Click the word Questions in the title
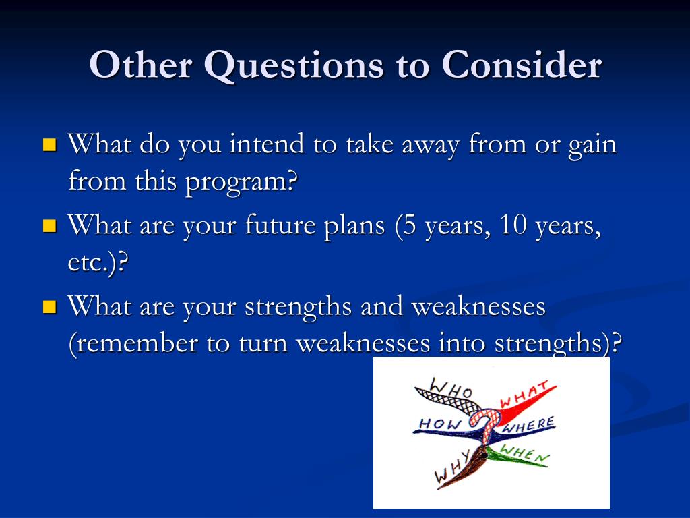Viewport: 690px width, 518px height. click(x=294, y=66)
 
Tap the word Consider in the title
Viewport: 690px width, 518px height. click(x=522, y=64)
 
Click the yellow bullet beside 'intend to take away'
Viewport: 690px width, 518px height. click(x=50, y=145)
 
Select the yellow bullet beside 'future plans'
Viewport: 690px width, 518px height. click(x=50, y=225)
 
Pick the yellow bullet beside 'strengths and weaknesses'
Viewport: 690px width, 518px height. click(x=50, y=307)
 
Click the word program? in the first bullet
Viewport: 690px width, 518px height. click(x=241, y=183)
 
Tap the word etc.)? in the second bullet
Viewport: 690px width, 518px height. click(x=98, y=263)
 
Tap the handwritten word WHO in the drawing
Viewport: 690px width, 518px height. click(x=450, y=388)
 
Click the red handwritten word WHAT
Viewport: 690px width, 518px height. click(x=524, y=395)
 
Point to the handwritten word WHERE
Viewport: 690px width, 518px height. click(x=528, y=425)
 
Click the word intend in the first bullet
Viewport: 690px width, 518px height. click(x=266, y=144)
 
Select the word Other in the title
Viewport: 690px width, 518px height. click(x=141, y=65)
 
